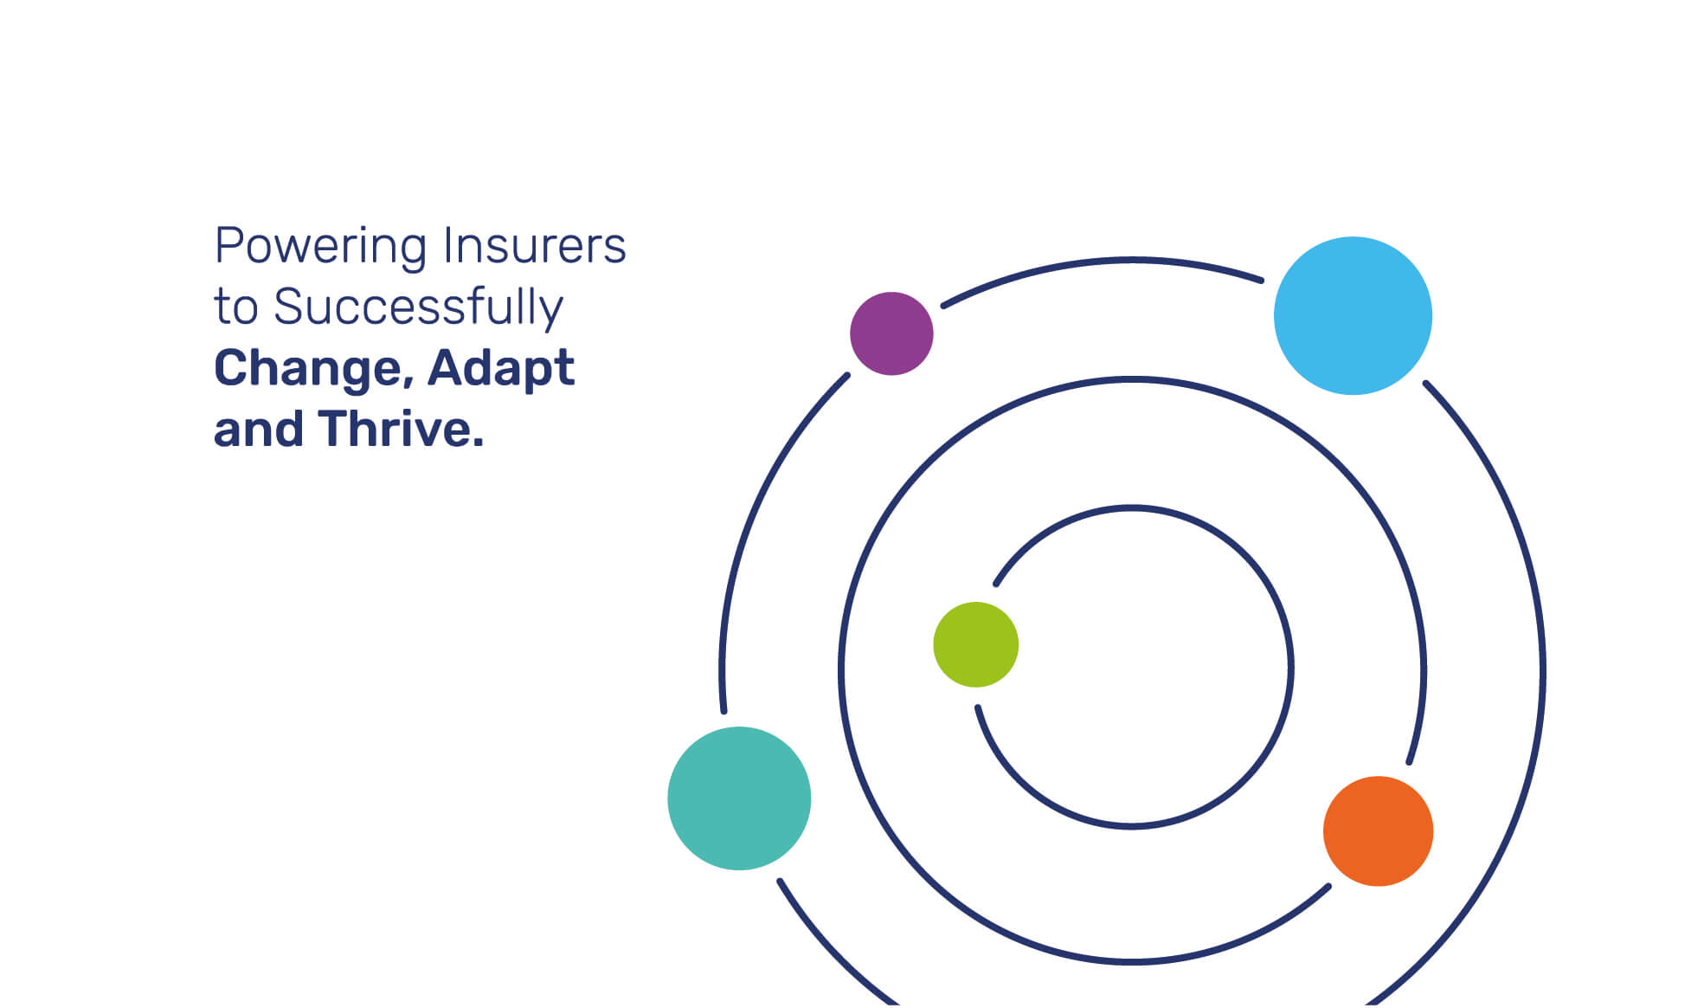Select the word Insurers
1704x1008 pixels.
point(534,245)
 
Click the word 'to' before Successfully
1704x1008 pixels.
point(236,309)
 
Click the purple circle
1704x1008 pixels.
point(891,333)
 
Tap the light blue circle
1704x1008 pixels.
point(1353,316)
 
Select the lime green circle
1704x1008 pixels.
point(975,644)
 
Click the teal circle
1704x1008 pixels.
point(739,798)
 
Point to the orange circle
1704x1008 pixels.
point(1378,831)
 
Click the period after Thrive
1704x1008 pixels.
point(478,443)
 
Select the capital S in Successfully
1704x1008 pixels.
point(290,307)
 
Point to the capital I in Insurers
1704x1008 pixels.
point(447,245)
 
